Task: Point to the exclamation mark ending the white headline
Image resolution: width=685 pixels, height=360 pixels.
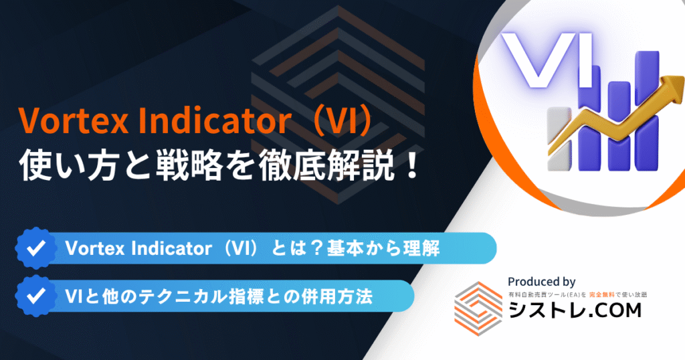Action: pos(411,167)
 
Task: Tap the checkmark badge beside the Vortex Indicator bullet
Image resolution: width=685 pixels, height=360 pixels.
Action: pos(36,248)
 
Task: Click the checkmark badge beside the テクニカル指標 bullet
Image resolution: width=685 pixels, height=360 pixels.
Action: pos(36,296)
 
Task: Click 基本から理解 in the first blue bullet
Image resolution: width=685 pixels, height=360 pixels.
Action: pos(383,249)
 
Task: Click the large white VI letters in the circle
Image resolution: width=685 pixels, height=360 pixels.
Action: pos(547,60)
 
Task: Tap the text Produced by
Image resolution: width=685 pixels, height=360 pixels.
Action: pos(541,282)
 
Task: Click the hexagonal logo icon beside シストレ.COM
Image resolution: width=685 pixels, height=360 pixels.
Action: pos(478,308)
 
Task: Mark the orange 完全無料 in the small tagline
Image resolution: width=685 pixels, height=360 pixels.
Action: pos(601,295)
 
